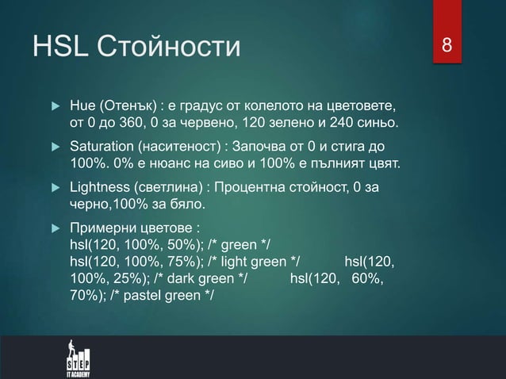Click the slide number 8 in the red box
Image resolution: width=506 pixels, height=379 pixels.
447,46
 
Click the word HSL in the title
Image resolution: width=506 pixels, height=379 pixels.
60,48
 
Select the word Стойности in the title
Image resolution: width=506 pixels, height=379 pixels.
167,48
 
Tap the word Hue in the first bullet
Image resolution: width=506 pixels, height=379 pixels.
82,107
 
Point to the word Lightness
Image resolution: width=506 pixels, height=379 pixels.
101,189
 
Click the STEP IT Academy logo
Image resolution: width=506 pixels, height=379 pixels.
77,358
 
